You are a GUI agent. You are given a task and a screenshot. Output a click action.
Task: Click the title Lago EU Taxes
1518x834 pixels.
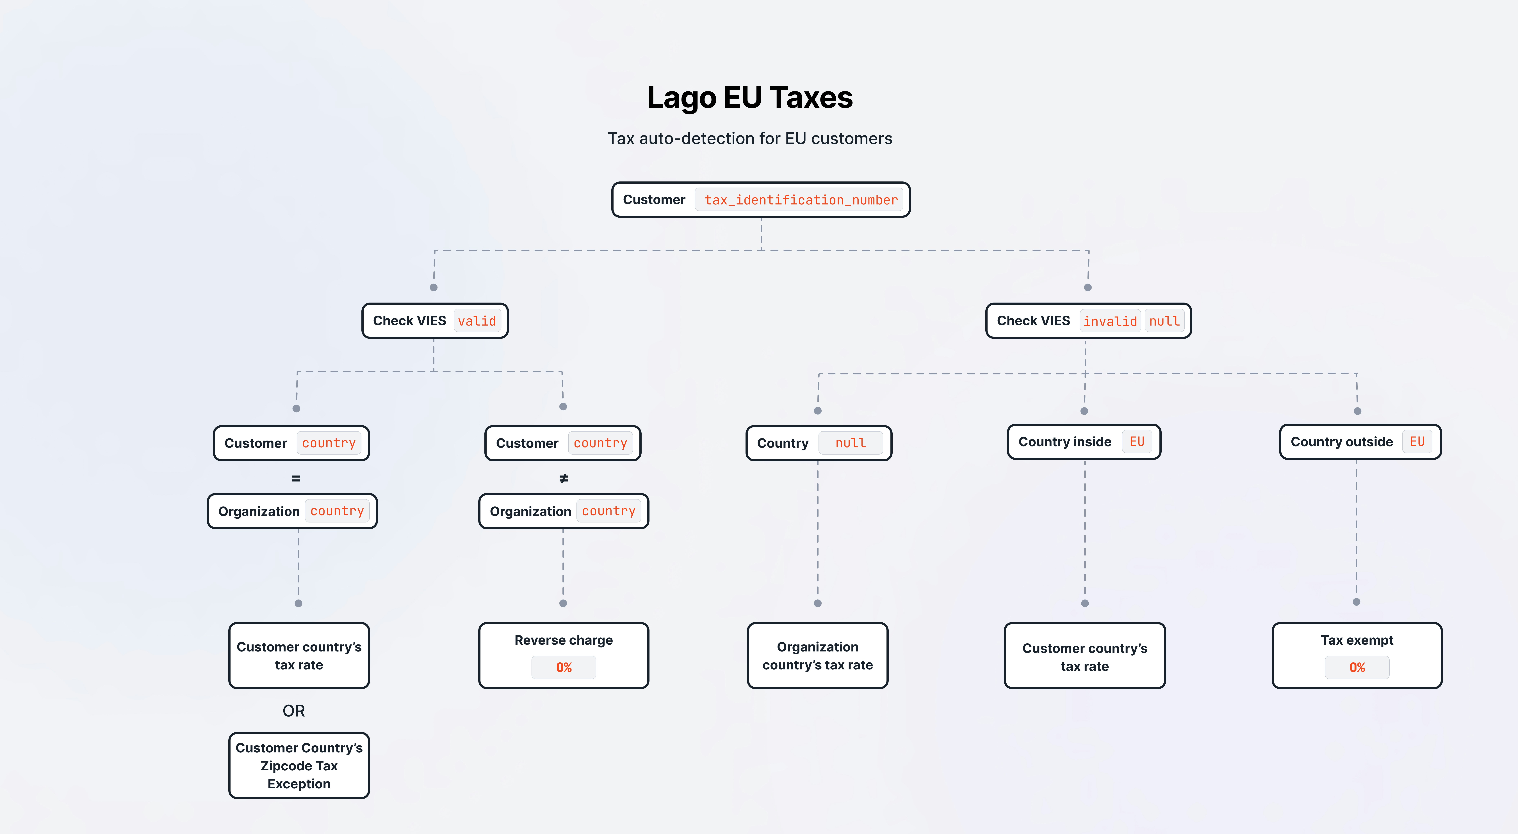750,97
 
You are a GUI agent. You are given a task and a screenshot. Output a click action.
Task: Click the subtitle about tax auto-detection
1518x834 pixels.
750,138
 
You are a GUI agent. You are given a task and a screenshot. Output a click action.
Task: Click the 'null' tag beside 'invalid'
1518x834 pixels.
1164,321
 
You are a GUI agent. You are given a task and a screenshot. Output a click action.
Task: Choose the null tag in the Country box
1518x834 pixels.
850,443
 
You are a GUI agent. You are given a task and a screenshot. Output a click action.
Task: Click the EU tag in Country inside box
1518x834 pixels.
1137,442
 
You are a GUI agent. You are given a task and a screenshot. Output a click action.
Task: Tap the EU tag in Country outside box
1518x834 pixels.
1417,442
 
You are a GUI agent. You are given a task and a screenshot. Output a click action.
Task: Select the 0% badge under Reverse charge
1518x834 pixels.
564,667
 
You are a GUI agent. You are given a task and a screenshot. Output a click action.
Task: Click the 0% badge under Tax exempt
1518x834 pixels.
1357,667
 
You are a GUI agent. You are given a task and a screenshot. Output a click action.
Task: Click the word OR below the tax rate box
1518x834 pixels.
293,711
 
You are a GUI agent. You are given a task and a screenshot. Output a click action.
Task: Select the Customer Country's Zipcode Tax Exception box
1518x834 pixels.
299,766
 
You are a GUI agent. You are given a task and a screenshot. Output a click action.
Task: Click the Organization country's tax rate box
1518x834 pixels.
817,656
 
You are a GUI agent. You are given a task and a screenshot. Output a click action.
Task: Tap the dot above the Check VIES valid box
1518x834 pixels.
434,287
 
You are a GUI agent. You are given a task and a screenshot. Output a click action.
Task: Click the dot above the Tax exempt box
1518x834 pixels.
1357,602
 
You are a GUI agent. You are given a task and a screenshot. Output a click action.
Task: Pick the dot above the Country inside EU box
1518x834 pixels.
1084,411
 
